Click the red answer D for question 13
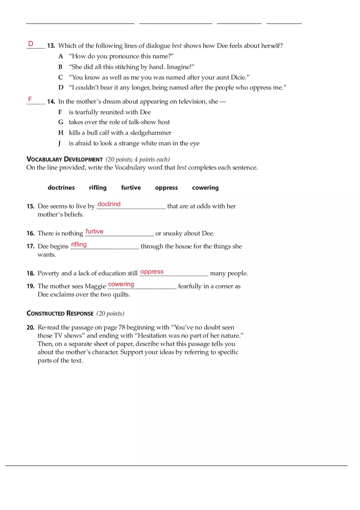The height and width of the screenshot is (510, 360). pyautogui.click(x=31, y=44)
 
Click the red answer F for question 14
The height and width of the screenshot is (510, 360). pyautogui.click(x=30, y=99)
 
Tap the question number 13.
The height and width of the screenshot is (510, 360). pyautogui.click(x=51, y=46)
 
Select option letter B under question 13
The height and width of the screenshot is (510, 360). pyautogui.click(x=61, y=67)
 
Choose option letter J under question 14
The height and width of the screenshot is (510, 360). pyautogui.click(x=60, y=144)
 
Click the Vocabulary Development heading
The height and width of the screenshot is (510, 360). pyautogui.click(x=64, y=160)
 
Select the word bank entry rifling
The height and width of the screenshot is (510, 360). pyautogui.click(x=98, y=188)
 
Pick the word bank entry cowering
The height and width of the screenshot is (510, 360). pyautogui.click(x=205, y=188)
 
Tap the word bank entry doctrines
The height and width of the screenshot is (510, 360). pyautogui.click(x=61, y=188)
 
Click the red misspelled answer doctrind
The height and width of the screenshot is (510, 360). pyautogui.click(x=109, y=204)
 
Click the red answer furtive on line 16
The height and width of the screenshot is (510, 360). pyautogui.click(x=94, y=231)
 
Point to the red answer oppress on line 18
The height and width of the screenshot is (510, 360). pyautogui.click(x=152, y=272)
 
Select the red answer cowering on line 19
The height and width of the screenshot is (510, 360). pyautogui.click(x=121, y=284)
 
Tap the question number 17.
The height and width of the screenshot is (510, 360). pyautogui.click(x=30, y=247)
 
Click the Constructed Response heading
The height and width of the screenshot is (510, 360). pyautogui.click(x=60, y=313)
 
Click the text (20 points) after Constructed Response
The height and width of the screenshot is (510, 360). pyautogui.click(x=110, y=314)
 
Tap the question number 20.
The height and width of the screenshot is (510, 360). pyautogui.click(x=30, y=328)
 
